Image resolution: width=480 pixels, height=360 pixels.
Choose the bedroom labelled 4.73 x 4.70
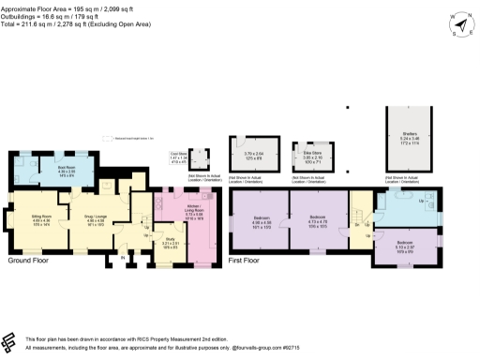(x=318, y=223)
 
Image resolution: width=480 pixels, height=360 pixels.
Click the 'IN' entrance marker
(x=122, y=257)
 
